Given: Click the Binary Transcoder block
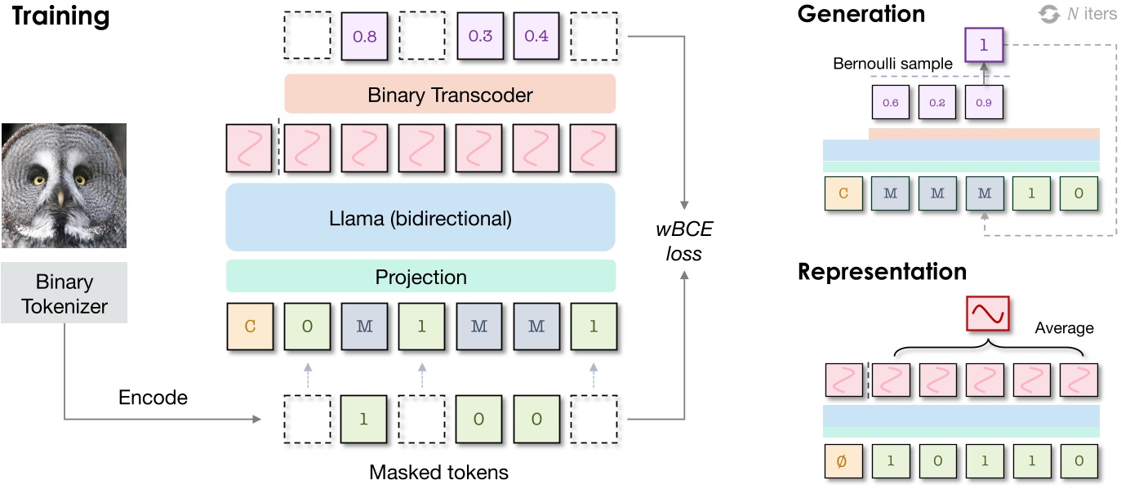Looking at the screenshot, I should tap(450, 95).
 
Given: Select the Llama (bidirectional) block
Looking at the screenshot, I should tap(420, 218).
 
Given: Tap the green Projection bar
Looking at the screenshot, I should tap(420, 277).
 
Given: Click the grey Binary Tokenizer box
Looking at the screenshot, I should tap(64, 294).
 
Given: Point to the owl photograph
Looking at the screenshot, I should tap(64, 184).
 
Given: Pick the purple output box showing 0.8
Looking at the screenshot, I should tap(364, 36).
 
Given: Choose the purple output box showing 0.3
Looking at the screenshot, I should tap(479, 36).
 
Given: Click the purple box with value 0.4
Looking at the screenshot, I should tap(536, 36).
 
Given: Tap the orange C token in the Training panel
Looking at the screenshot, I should tap(250, 327).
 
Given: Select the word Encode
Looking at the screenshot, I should tap(153, 398).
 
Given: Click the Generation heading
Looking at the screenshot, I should tap(861, 14).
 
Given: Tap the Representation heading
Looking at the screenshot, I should tap(882, 271).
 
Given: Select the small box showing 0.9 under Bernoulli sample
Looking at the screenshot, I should tap(983, 103).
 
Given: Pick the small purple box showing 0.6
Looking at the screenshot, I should tap(890, 103).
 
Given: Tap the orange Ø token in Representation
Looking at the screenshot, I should tap(843, 460).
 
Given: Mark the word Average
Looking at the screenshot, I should tap(1064, 328).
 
